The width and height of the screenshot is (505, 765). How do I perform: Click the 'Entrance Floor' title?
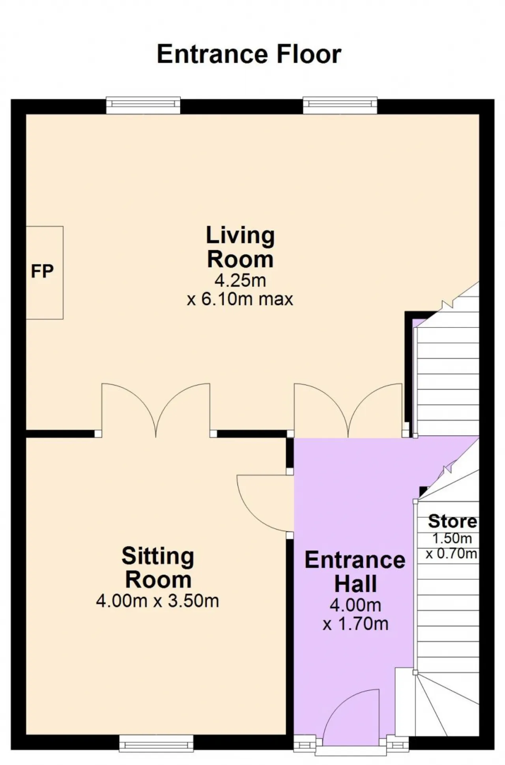[249, 54]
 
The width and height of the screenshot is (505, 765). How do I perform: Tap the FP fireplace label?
[42, 271]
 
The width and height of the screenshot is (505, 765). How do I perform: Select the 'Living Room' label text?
[240, 247]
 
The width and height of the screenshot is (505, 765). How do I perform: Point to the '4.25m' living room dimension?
[240, 281]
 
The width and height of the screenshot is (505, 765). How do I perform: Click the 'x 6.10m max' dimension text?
[240, 299]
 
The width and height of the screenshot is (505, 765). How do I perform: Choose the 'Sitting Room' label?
[158, 568]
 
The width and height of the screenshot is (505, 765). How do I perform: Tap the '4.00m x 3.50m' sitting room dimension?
[157, 601]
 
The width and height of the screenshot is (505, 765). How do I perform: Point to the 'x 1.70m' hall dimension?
[355, 624]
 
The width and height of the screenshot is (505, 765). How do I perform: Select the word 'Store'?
[453, 521]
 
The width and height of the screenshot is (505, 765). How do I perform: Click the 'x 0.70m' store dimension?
[451, 554]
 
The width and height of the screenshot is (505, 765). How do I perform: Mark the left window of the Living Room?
[143, 105]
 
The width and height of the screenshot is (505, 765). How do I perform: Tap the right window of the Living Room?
[340, 105]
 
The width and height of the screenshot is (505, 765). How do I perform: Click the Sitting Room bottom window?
[156, 743]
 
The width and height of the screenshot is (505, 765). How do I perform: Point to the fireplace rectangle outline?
[63, 273]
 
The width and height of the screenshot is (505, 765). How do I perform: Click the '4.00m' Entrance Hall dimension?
[355, 605]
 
